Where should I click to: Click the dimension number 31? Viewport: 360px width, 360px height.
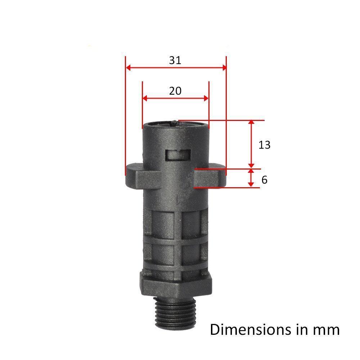point(175,60)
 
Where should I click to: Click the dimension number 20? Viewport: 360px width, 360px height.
point(175,91)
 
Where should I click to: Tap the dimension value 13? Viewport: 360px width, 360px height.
point(264,145)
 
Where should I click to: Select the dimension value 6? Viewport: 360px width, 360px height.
point(264,180)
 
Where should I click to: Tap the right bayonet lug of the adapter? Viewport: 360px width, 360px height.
point(210,177)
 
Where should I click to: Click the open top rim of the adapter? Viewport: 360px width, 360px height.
point(175,125)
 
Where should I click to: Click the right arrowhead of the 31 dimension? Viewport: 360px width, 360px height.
point(224,68)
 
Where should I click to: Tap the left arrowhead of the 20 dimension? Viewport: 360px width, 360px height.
point(145,98)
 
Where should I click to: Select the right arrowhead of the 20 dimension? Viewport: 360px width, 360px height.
point(206,98)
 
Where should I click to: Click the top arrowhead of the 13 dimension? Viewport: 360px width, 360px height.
point(252,123)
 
